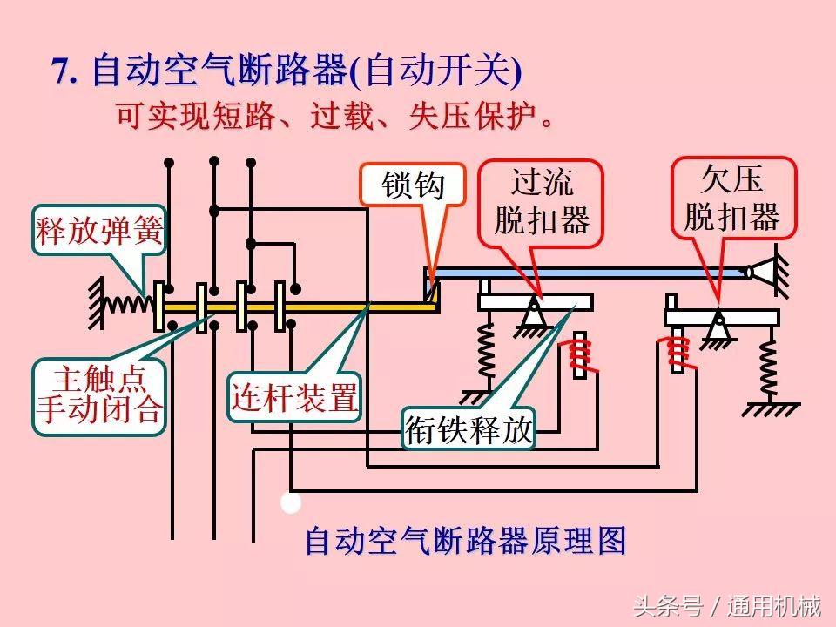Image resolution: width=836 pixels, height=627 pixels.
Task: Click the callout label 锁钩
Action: (x=413, y=185)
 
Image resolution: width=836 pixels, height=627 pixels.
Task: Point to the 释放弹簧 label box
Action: (x=99, y=231)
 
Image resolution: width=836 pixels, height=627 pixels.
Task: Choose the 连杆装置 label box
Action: (x=294, y=398)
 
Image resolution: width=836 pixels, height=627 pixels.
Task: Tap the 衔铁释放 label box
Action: (x=469, y=429)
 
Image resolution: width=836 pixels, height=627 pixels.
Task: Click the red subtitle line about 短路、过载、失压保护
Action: (x=334, y=117)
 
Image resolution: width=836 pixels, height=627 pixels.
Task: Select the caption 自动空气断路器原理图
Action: (x=466, y=541)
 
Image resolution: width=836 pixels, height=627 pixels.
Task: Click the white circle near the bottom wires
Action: (x=291, y=502)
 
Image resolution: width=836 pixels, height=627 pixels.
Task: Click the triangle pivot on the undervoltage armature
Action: (x=718, y=330)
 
